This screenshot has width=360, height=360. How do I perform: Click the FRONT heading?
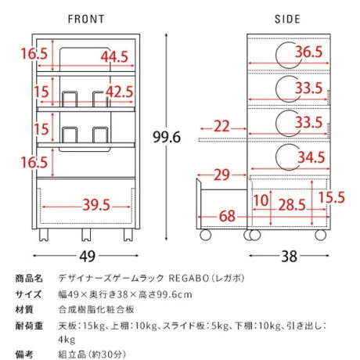coord(86,19)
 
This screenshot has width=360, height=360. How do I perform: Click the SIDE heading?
coord(287,19)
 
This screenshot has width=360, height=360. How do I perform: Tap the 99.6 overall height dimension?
coord(167,137)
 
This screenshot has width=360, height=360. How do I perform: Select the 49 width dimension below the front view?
coord(88,257)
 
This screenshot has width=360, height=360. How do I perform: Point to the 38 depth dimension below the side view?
coord(290,257)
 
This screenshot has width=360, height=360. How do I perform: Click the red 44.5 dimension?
coord(115,56)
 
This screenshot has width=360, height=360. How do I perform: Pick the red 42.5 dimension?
coord(120,92)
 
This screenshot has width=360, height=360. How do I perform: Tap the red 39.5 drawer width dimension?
coord(96,205)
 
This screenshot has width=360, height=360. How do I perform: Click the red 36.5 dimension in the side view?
coord(309,52)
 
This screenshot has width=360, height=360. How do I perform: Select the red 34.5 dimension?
coord(311,157)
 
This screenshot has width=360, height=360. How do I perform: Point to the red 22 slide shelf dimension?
coord(221,126)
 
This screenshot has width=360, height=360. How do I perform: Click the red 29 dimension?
coord(222,175)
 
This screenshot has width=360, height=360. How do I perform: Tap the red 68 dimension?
coord(227,216)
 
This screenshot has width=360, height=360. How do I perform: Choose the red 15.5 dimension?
coord(332,197)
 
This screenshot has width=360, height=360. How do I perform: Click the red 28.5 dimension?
coord(292,205)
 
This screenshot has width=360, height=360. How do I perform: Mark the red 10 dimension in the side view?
coord(261,200)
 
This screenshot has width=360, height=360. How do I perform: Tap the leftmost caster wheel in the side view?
coord(205,235)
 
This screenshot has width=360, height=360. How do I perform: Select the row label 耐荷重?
coord(29,326)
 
